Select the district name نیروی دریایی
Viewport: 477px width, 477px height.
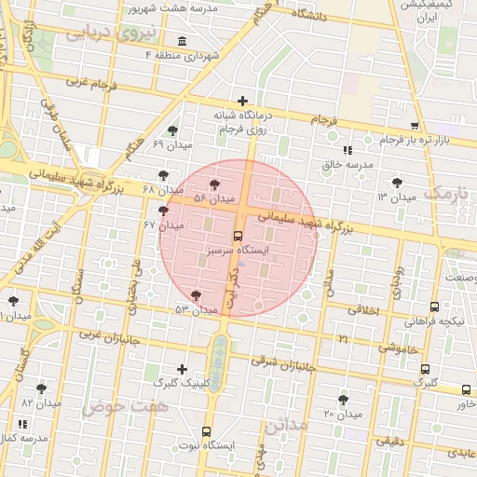(x=101, y=34)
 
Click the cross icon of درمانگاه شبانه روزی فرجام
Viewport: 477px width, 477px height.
(x=242, y=101)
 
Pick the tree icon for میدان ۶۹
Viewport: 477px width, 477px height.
(x=171, y=131)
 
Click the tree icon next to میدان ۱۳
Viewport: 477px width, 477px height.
(x=398, y=183)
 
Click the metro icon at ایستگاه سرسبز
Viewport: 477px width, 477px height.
(x=238, y=236)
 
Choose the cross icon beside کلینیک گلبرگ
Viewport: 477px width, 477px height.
(x=181, y=370)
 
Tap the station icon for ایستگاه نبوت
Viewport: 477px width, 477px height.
(x=206, y=431)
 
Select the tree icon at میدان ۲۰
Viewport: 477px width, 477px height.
(x=343, y=399)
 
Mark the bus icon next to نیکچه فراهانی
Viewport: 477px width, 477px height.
(x=434, y=307)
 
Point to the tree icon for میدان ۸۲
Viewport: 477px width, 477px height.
(x=41, y=388)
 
